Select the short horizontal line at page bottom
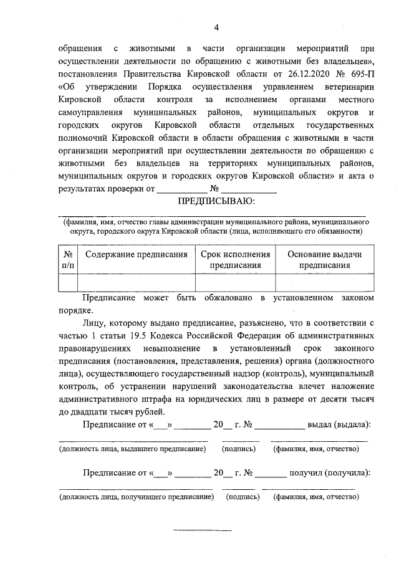(x=201, y=530)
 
